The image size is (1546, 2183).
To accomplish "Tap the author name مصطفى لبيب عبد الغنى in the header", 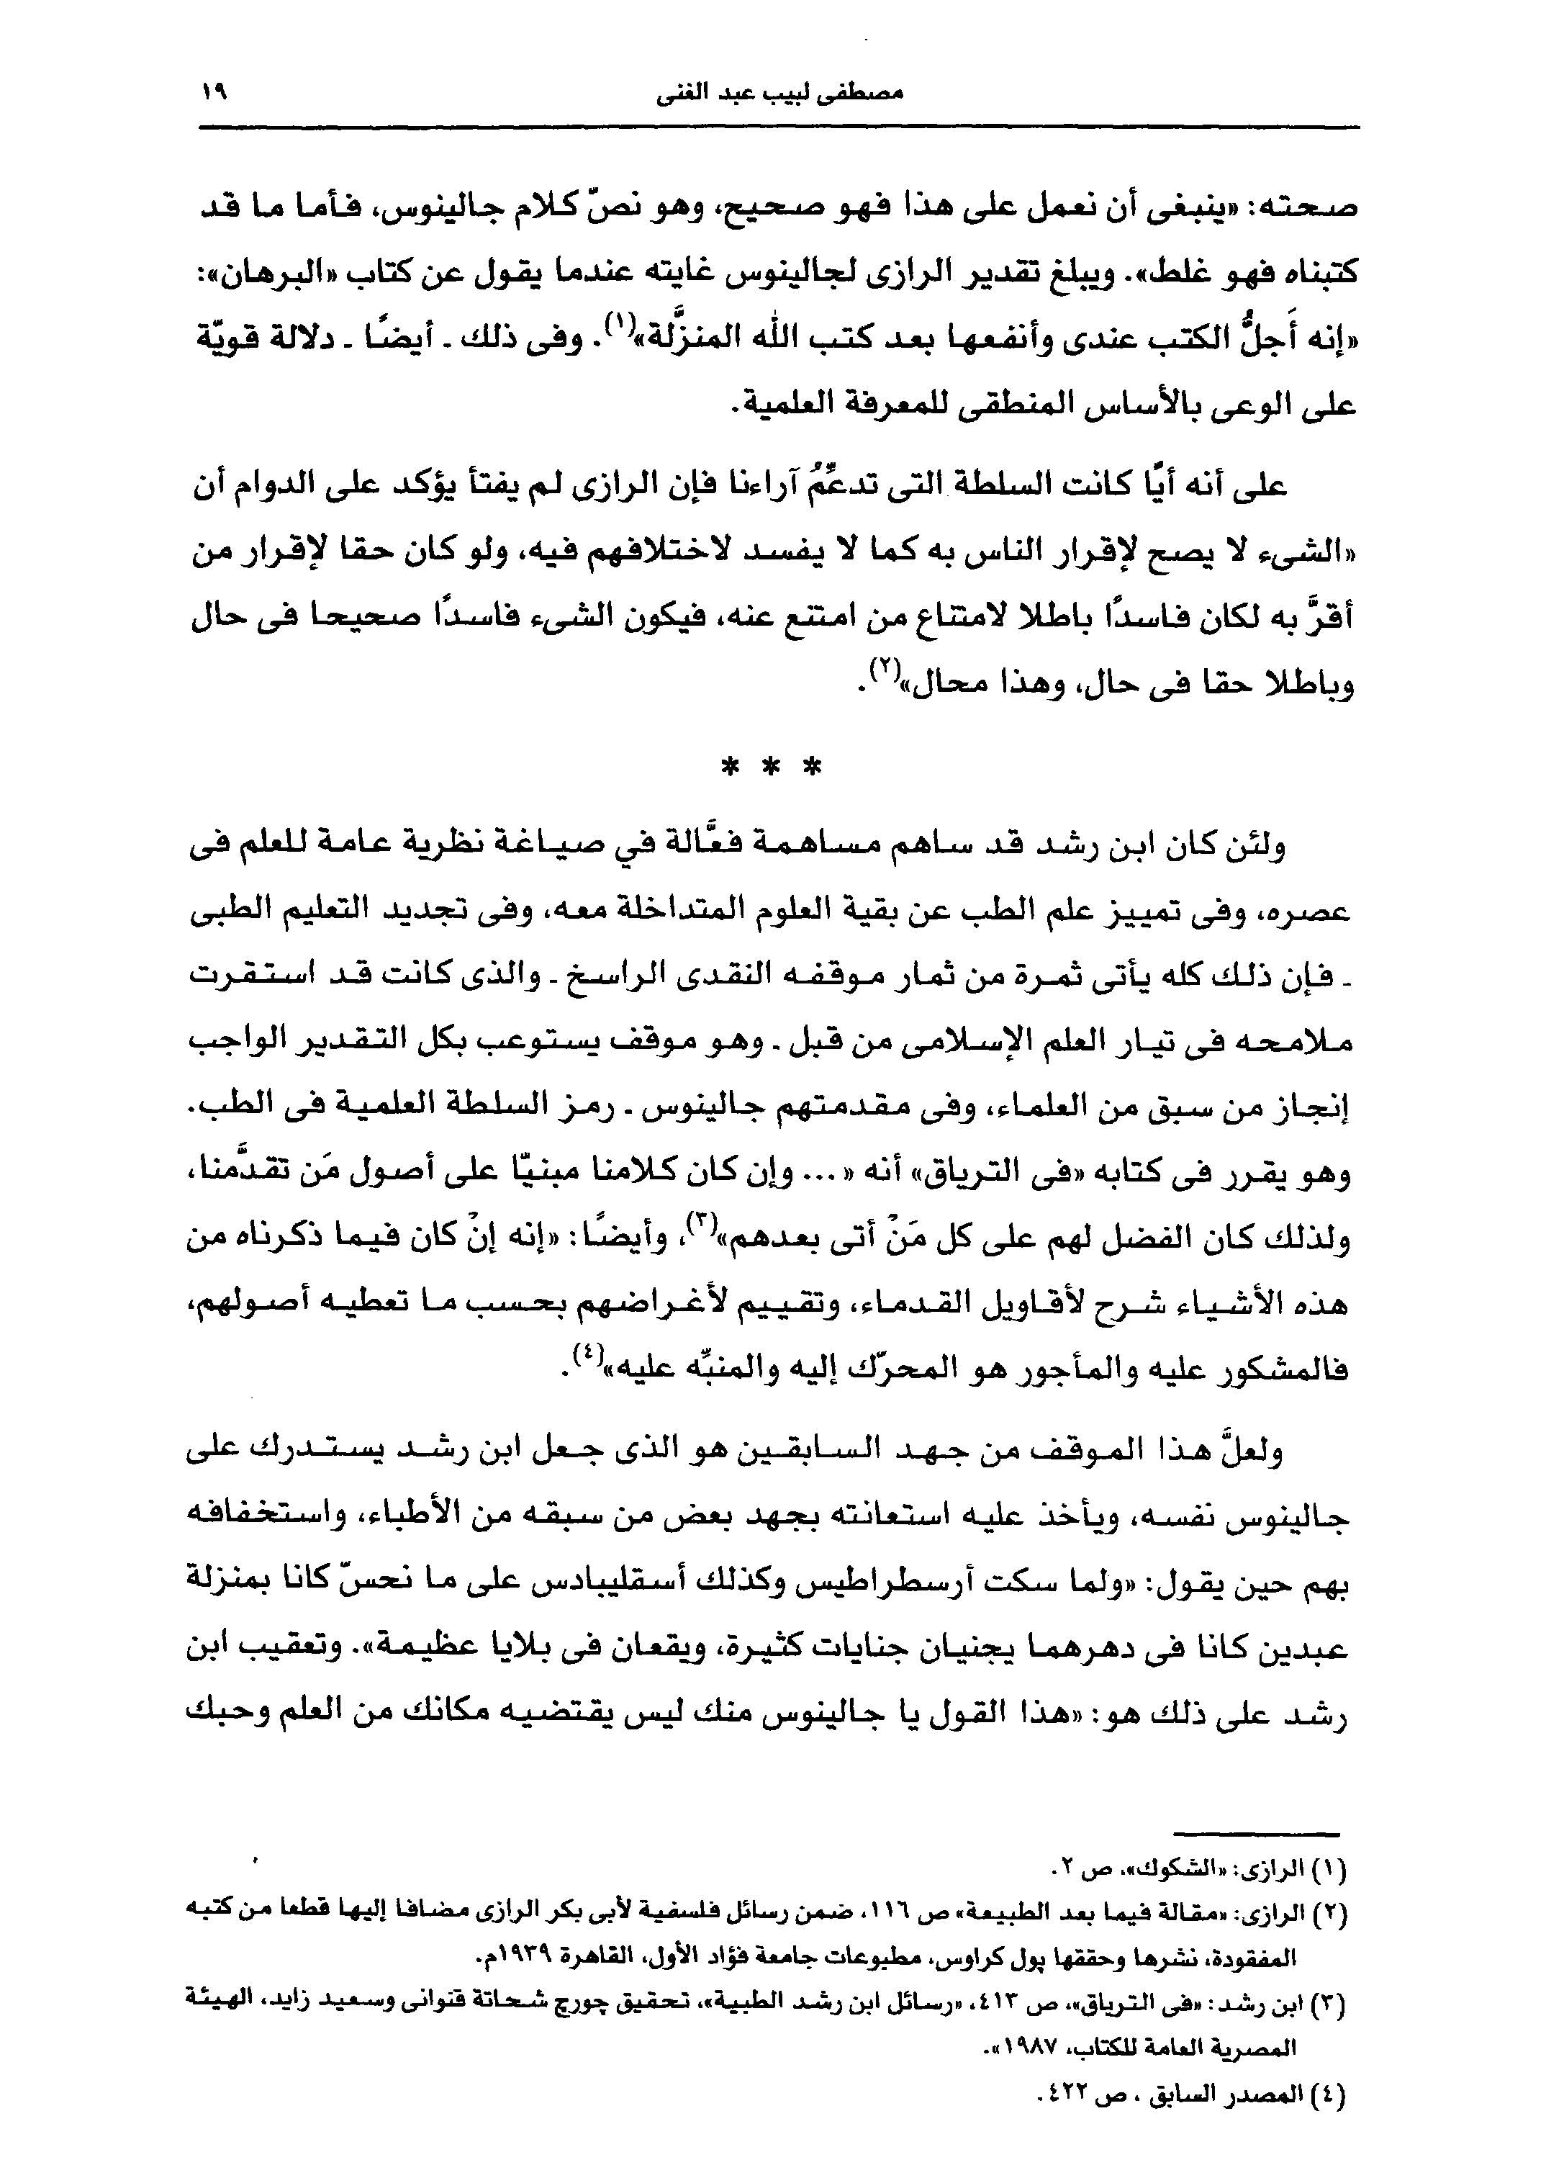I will coord(779,94).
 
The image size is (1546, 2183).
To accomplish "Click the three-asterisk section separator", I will coord(771,768).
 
